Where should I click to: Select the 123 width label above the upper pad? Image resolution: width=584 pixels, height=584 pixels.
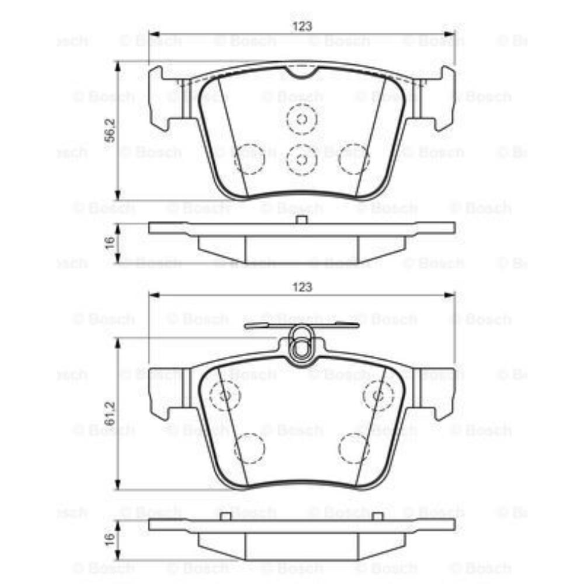(x=302, y=26)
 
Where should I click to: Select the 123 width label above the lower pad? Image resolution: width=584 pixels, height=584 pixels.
(x=302, y=287)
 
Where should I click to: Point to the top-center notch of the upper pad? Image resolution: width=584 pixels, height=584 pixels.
(x=302, y=72)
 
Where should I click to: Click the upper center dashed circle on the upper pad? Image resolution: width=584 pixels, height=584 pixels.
(x=302, y=120)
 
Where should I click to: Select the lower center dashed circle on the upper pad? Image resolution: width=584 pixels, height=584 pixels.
(x=302, y=159)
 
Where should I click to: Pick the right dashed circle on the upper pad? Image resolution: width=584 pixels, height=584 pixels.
(x=354, y=159)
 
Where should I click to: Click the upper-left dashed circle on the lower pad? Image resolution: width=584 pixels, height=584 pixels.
(x=225, y=395)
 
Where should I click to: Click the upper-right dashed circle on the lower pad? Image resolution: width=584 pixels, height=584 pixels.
(x=378, y=395)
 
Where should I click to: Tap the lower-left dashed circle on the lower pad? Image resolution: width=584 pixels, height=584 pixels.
(x=249, y=449)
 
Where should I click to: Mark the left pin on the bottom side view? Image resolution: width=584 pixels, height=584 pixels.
(x=226, y=516)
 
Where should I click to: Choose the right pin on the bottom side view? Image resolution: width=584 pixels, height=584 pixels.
(x=378, y=516)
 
